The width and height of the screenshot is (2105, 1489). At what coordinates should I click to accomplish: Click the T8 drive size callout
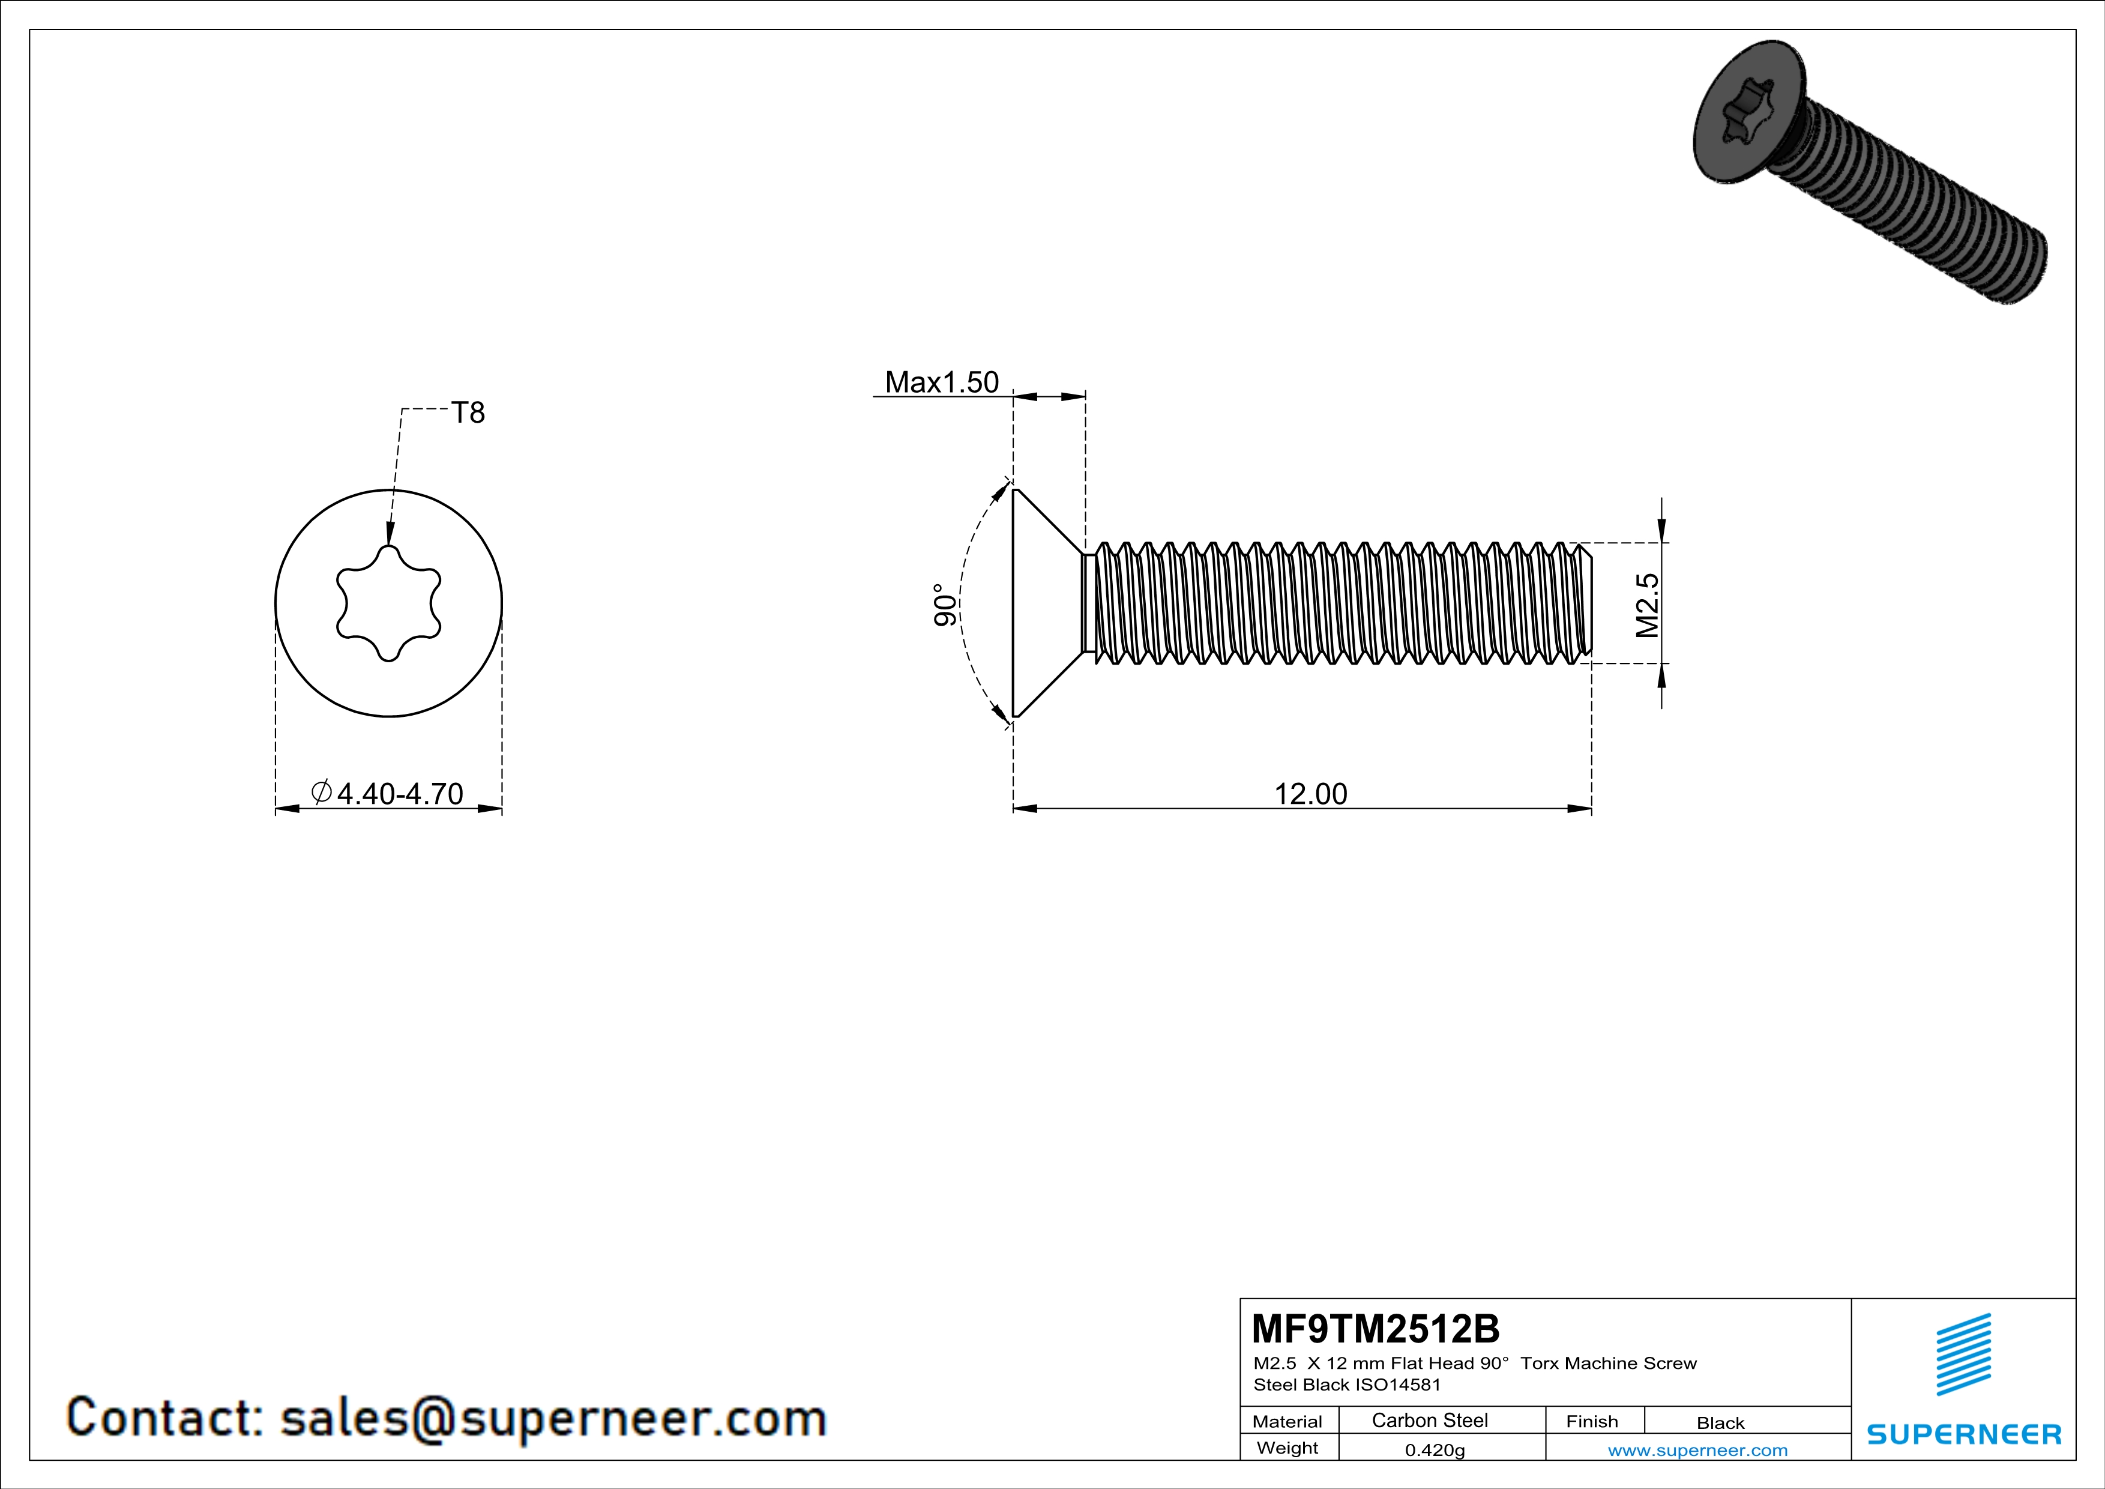click(x=468, y=414)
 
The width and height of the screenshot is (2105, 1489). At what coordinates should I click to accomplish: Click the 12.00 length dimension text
click(x=1310, y=793)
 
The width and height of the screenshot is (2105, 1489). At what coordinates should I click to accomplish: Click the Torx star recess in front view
click(x=389, y=603)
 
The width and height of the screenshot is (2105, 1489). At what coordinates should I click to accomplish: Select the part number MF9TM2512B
click(x=1375, y=1327)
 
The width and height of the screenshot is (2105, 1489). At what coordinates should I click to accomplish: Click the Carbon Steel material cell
click(x=1429, y=1420)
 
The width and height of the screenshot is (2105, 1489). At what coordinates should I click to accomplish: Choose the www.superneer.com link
click(x=1697, y=1449)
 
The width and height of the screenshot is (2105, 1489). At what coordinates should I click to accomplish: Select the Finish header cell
click(x=1592, y=1421)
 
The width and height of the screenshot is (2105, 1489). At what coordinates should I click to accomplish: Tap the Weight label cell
click(x=1287, y=1448)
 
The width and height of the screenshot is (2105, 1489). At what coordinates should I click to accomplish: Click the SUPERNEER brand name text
click(x=1964, y=1434)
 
